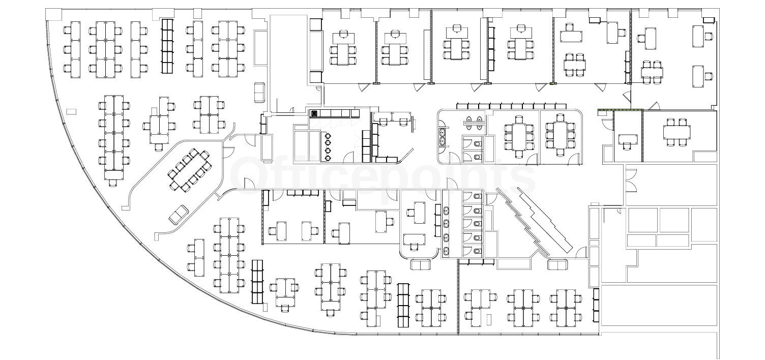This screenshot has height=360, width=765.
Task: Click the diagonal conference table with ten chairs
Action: (190, 170)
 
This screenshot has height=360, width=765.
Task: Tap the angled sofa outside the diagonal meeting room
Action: (178, 215)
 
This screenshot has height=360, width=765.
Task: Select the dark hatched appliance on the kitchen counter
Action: (314, 113)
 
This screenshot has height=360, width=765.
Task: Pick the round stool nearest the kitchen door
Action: (328, 158)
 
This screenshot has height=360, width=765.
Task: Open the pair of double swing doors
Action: (631, 181)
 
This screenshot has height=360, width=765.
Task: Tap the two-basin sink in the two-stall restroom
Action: (442, 137)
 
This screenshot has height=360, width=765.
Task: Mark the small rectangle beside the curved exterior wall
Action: (71, 111)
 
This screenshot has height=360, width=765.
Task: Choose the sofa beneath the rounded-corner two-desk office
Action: (422, 265)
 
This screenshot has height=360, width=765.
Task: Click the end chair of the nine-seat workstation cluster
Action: (113, 183)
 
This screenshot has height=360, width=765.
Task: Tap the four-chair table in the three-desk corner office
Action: (652, 72)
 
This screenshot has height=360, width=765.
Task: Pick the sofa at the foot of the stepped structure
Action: (557, 265)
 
